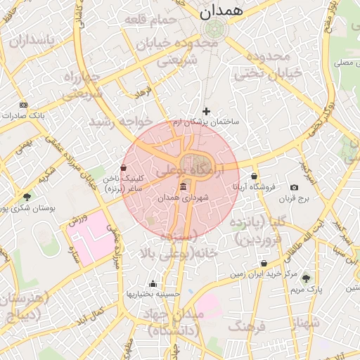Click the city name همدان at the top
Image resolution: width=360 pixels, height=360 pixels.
point(220,11)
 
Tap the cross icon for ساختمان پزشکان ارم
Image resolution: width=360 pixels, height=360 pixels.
point(206,111)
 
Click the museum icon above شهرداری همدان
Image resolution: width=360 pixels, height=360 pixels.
point(184,186)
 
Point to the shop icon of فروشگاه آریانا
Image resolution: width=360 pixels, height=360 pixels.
point(254,176)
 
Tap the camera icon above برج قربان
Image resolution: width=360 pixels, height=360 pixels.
point(294,187)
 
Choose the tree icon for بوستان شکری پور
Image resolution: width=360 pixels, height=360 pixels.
point(27,197)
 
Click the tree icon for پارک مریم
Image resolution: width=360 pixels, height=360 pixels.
point(305,278)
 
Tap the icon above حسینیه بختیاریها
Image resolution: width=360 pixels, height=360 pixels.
point(153,284)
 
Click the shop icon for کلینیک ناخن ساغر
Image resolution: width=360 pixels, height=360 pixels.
point(124,168)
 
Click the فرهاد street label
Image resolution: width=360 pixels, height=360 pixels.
point(144,92)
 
